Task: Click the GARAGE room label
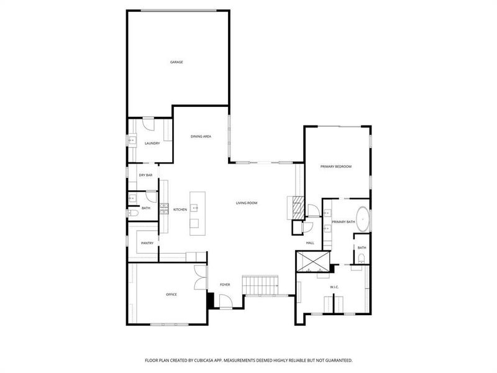click(x=176, y=62)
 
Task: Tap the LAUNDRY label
click(x=152, y=144)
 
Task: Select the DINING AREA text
click(x=201, y=136)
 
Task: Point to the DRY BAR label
click(x=146, y=176)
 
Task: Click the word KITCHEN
click(x=180, y=210)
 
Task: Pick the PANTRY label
click(x=147, y=243)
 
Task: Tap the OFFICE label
click(x=171, y=294)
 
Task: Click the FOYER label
click(x=225, y=285)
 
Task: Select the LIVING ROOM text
click(x=247, y=203)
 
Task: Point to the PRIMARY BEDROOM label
click(x=336, y=167)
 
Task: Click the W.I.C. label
click(x=334, y=287)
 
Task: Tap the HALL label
click(x=310, y=243)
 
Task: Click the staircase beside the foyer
click(x=261, y=285)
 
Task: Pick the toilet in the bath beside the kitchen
click(x=132, y=213)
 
